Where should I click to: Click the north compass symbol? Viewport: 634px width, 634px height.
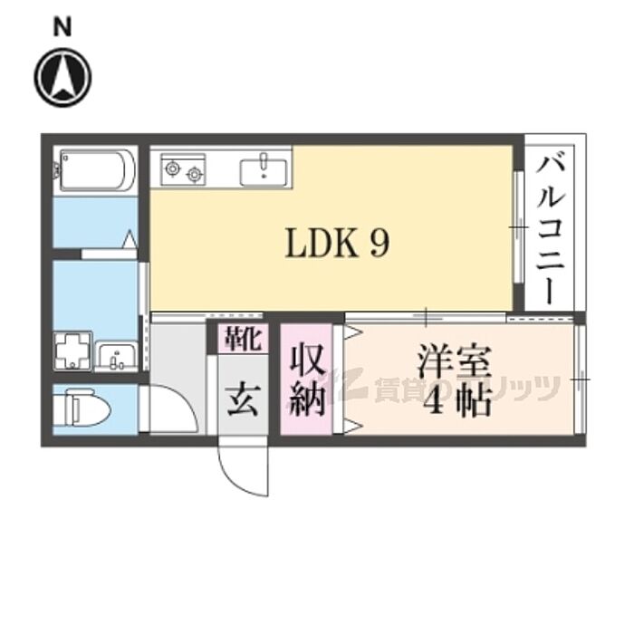coord(62,77)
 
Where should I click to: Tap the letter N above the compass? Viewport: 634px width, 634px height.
coord(62,28)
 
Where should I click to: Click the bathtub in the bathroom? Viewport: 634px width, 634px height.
coord(97,169)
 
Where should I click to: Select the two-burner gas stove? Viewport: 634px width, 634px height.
coord(183,169)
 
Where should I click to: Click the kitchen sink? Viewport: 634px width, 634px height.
coord(264,169)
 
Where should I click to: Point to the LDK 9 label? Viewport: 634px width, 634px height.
coord(337,243)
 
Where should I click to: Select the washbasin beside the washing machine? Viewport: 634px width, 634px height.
coord(117,356)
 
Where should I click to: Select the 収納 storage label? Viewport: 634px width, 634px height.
coord(307,379)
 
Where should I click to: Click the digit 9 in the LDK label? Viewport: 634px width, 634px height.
coord(379,243)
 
